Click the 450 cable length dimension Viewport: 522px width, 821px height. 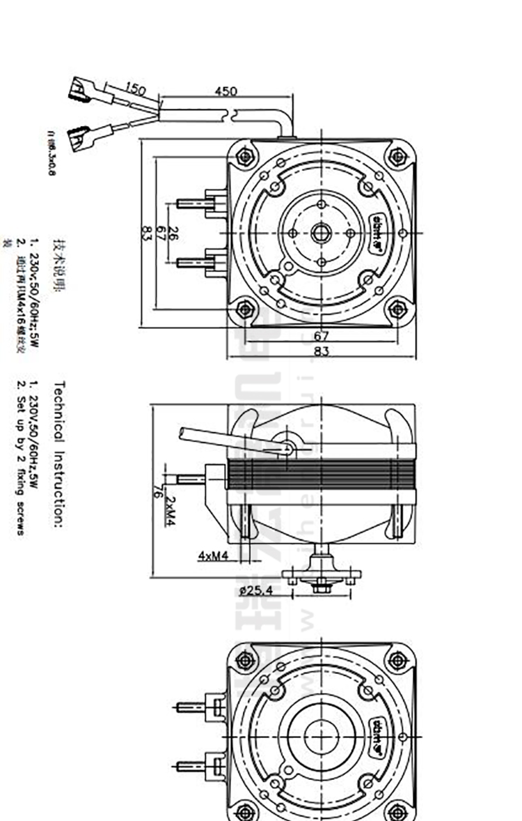(x=226, y=91)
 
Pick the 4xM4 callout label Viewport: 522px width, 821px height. (x=213, y=555)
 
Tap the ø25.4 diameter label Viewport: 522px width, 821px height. (x=255, y=590)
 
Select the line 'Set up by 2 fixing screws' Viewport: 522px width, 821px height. (x=22, y=457)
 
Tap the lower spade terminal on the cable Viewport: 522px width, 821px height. (x=78, y=132)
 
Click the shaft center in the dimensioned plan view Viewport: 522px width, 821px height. (x=321, y=233)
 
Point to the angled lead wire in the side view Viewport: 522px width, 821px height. (x=230, y=441)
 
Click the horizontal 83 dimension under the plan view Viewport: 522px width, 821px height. (x=322, y=353)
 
